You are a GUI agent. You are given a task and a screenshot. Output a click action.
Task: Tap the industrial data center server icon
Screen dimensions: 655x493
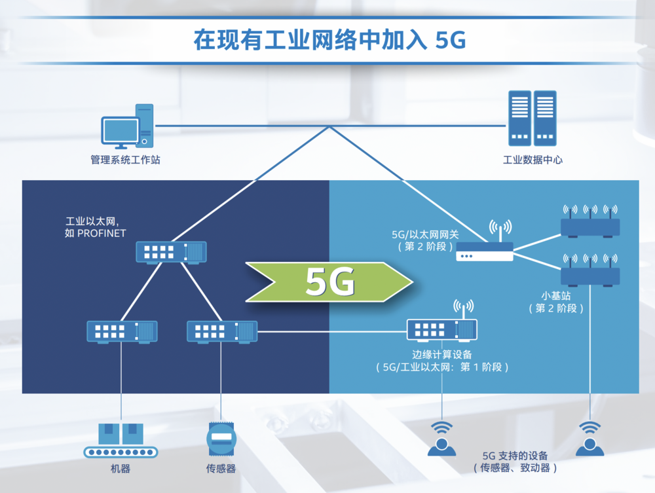pos(532,119)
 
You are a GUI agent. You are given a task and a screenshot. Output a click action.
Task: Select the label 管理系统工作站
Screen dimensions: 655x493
pos(125,160)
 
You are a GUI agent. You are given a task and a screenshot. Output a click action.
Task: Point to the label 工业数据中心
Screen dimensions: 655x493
pos(532,160)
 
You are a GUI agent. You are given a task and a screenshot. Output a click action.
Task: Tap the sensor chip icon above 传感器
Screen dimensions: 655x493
pos(221,438)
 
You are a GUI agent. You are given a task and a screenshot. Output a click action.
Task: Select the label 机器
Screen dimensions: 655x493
pos(120,469)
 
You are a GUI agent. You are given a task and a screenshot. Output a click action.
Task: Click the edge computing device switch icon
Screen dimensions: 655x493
pos(442,329)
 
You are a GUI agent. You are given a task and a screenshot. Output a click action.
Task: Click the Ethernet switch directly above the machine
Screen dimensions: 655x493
pos(122,331)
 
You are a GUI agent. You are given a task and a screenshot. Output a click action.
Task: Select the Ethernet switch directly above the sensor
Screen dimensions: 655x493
pos(222,331)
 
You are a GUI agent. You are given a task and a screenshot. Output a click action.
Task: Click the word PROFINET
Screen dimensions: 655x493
pos(102,233)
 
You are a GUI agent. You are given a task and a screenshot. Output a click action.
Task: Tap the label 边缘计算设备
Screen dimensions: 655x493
pos(442,354)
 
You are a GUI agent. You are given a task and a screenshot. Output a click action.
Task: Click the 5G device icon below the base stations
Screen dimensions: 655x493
pos(590,439)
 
